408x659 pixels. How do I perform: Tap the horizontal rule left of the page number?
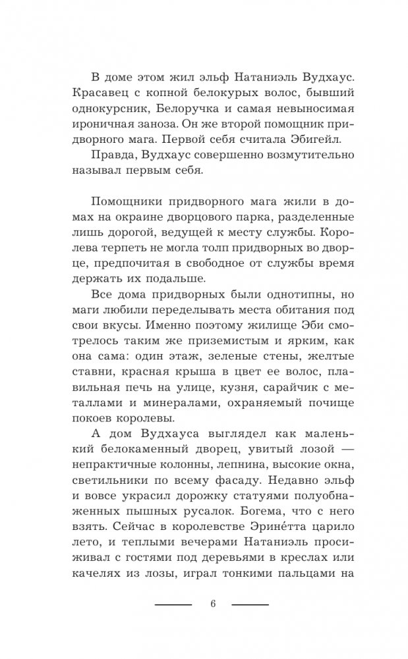tap(173, 604)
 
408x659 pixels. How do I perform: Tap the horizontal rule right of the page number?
tap(250, 604)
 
